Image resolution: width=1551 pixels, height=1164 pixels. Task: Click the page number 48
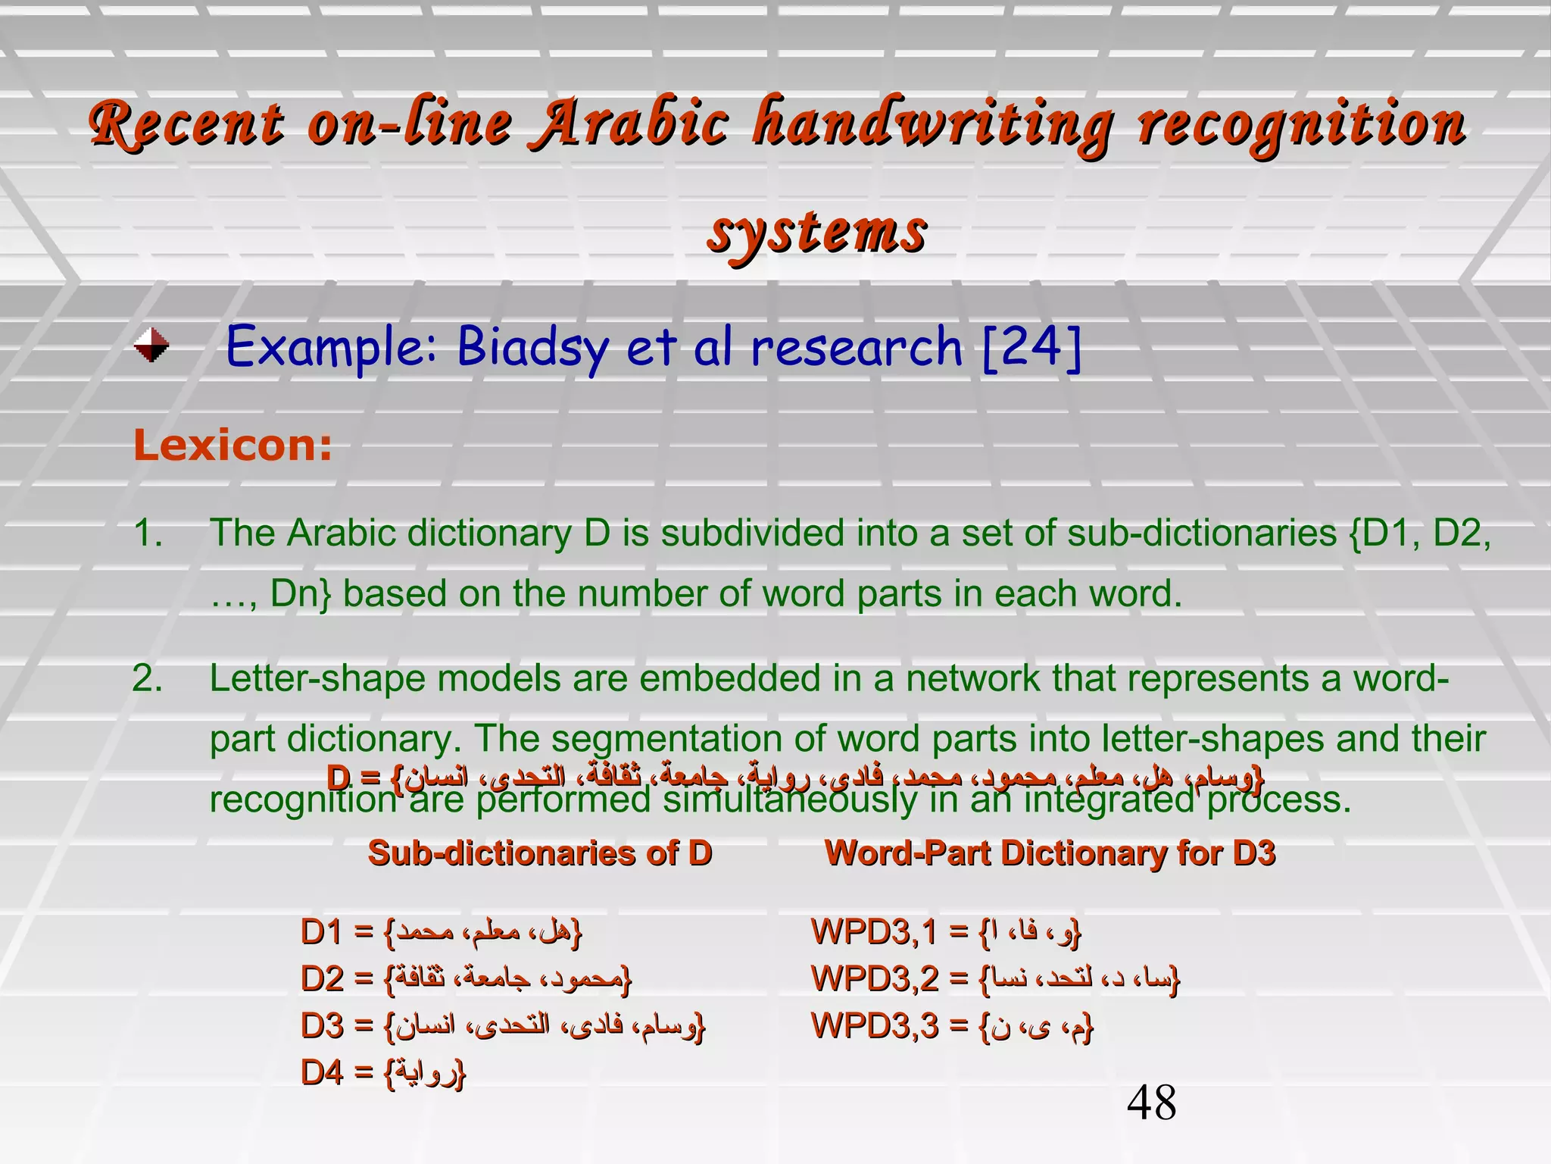click(1151, 1103)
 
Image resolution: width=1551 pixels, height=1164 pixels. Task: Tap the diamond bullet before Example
click(151, 346)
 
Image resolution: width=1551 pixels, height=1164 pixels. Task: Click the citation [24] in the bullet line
click(1031, 347)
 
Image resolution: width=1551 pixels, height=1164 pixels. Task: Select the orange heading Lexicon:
click(232, 445)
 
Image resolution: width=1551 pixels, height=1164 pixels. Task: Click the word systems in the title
click(816, 231)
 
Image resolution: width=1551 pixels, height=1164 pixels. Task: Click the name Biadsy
click(532, 347)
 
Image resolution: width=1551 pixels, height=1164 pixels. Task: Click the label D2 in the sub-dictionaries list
click(322, 979)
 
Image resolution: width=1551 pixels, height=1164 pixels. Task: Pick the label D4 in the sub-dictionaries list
click(322, 1073)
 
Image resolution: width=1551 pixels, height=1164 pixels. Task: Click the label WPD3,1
click(874, 932)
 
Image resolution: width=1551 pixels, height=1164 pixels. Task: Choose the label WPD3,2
click(875, 979)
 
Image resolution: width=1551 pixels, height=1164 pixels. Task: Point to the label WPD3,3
click(875, 1026)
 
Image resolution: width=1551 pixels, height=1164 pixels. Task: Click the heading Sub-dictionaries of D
click(540, 853)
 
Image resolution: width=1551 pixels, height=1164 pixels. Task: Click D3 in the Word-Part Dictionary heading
click(1253, 853)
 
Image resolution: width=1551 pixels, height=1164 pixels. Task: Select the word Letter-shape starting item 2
click(317, 678)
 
